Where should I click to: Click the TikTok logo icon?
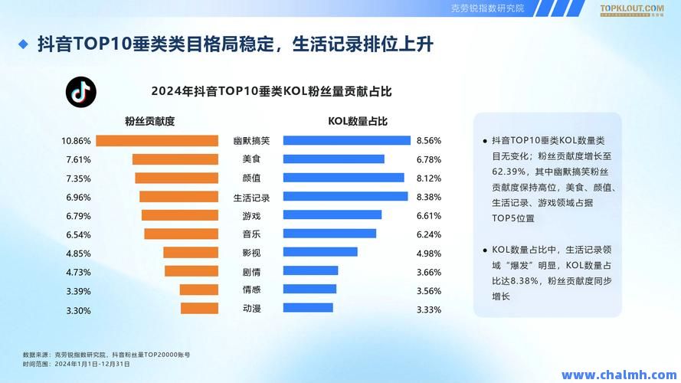pyautogui.click(x=80, y=91)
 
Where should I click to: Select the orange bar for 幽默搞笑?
pyautogui.click(x=157, y=141)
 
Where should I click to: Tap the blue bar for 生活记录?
pyautogui.click(x=345, y=196)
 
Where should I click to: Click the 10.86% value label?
pyautogui.click(x=77, y=141)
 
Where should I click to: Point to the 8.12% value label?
pyautogui.click(x=428, y=178)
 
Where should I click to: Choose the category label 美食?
pyautogui.click(x=251, y=159)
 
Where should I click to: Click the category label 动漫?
pyautogui.click(x=251, y=308)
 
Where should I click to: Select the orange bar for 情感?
pyautogui.click(x=199, y=290)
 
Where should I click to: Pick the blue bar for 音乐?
pyautogui.click(x=329, y=234)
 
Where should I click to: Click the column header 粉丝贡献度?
pyautogui.click(x=150, y=121)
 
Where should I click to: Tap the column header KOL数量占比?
pyautogui.click(x=358, y=121)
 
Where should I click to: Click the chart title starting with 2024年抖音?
pyautogui.click(x=271, y=91)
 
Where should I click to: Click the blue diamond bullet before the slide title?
pyautogui.click(x=23, y=44)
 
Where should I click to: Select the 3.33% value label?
pyautogui.click(x=428, y=310)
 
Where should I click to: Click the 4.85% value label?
pyautogui.click(x=79, y=253)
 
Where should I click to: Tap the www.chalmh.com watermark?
pyautogui.click(x=617, y=375)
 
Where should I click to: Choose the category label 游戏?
pyautogui.click(x=251, y=215)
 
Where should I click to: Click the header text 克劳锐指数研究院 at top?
pyautogui.click(x=487, y=8)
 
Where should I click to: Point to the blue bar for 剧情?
pyautogui.click(x=310, y=270)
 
